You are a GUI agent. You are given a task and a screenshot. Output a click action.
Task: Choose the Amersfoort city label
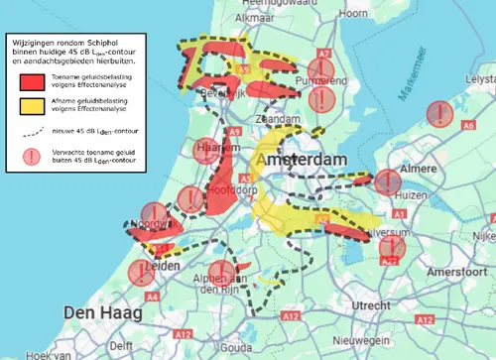pos(439,272)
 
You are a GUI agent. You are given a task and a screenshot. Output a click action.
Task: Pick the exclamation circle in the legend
pos(29,155)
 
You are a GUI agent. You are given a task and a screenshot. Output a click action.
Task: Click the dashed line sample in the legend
pos(29,129)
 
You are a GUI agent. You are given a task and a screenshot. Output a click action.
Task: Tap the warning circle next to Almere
pos(384,180)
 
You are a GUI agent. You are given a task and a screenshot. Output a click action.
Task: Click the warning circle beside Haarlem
pos(204,150)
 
